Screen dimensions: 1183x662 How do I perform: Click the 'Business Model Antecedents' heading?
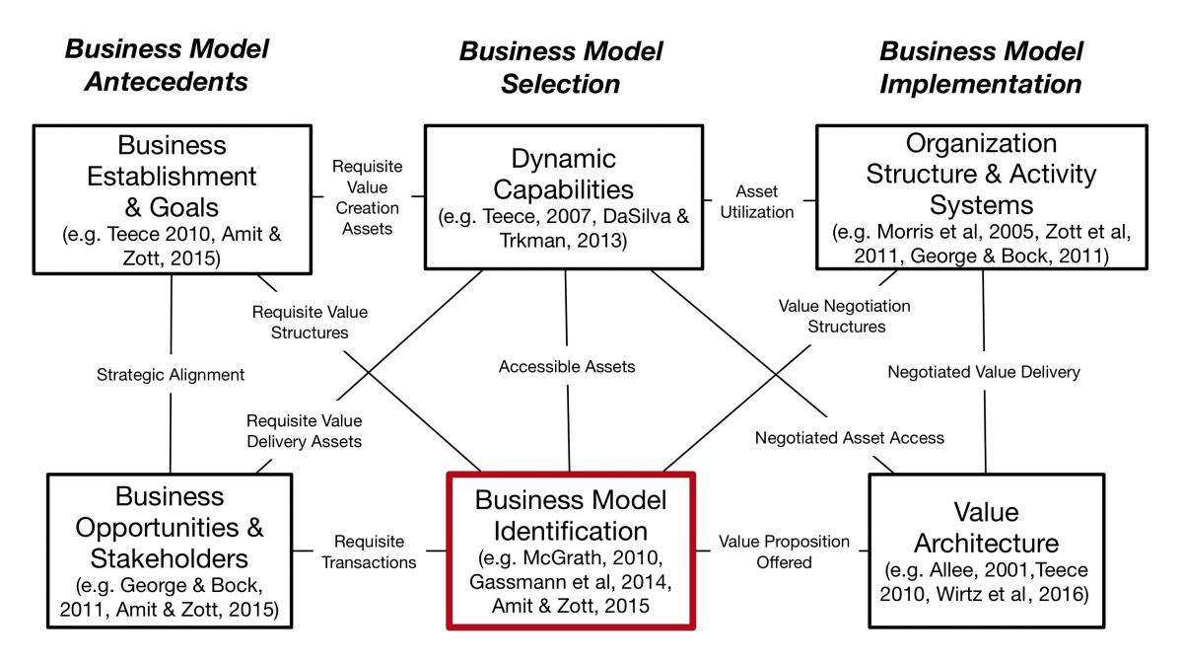coord(167,65)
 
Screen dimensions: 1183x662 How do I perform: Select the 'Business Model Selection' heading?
coord(561,68)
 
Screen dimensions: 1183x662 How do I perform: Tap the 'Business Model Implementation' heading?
coord(981,68)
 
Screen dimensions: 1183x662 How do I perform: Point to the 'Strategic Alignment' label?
coord(170,375)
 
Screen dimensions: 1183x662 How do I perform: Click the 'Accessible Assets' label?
coord(567,367)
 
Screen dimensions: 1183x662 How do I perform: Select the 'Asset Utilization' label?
coord(757,202)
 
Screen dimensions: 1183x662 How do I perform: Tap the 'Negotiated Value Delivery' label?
coord(984,372)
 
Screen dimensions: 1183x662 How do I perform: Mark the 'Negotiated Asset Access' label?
coord(849,437)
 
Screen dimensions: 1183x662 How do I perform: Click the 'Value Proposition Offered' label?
coord(784,552)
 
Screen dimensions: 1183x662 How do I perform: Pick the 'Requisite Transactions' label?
coord(369,552)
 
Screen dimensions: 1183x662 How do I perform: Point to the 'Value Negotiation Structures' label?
coord(845,316)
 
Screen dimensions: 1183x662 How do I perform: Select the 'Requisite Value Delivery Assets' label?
coord(305,431)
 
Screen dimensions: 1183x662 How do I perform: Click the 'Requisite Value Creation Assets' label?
coord(367,197)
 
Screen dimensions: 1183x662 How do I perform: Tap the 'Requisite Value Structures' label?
coord(310,323)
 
